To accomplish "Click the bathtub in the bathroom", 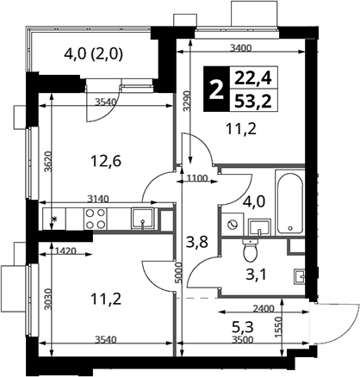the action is tap(289, 202).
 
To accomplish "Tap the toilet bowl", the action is tap(251, 250).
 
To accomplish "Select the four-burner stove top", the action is tap(96, 219).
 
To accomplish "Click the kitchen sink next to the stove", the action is tap(142, 219).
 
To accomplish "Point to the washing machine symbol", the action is tap(233, 224).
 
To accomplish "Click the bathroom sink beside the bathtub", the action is tap(259, 227).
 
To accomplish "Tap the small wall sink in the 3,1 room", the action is tap(299, 276).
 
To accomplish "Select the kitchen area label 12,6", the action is tap(106, 161).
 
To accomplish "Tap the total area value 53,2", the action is tap(253, 101).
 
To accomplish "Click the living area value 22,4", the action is tap(253, 78).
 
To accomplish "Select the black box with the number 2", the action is tap(217, 89).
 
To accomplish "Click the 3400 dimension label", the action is tap(240, 48).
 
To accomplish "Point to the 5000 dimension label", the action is tap(179, 273).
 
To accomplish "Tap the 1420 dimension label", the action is tap(65, 251).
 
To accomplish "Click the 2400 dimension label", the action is tap(264, 309).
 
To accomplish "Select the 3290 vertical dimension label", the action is tap(187, 101).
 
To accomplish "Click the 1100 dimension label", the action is tap(197, 178).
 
